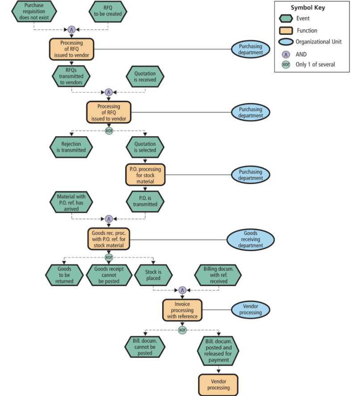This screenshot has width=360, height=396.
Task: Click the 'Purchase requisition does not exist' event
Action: pyautogui.click(x=34, y=11)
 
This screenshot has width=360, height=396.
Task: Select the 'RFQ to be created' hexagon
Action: pyautogui.click(x=108, y=11)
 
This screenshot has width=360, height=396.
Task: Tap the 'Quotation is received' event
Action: pyautogui.click(x=145, y=77)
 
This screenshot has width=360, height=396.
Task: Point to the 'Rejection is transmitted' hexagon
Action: pyautogui.click(x=71, y=147)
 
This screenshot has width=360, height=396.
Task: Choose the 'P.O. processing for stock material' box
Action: pyautogui.click(x=145, y=175)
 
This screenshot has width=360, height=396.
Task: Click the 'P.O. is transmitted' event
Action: pyautogui.click(x=145, y=201)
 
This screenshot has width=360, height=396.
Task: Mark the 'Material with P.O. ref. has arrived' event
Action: pyautogui.click(x=71, y=202)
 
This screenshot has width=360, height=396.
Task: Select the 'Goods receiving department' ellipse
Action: pyautogui.click(x=251, y=239)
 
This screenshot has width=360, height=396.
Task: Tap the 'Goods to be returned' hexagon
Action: pyautogui.click(x=64, y=275)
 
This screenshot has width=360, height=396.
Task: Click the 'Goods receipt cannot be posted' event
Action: pyautogui.click(x=108, y=275)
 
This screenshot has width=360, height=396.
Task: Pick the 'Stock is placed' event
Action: pyautogui.click(x=153, y=275)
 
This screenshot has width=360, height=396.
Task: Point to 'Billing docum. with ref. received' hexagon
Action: pyautogui.click(x=218, y=275)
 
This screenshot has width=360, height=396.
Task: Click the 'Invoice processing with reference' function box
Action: pyautogui.click(x=182, y=310)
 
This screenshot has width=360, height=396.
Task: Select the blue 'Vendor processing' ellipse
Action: pyautogui.click(x=251, y=310)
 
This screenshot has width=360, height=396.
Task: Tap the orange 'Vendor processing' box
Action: pyautogui.click(x=218, y=384)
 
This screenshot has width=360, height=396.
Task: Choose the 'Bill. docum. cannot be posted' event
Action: pyautogui.click(x=145, y=347)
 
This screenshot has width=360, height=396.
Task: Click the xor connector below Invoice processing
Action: pyautogui.click(x=182, y=330)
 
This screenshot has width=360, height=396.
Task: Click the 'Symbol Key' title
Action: pyautogui.click(x=308, y=8)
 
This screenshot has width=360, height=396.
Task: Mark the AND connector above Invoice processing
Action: pyautogui.click(x=182, y=290)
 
